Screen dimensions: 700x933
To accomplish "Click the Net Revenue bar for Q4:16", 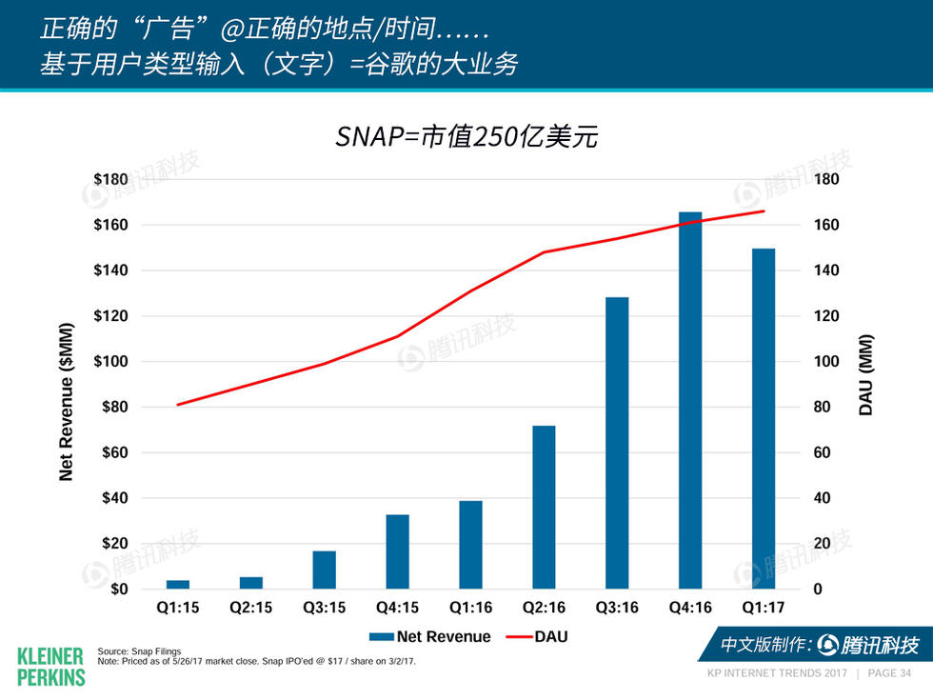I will point(690,400).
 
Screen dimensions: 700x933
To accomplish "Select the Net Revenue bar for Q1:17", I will point(764,419).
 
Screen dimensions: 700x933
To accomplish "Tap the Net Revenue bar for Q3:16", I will point(617,443).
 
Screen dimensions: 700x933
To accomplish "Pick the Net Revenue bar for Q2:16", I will point(544,507).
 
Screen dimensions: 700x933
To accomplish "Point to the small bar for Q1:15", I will point(178,584).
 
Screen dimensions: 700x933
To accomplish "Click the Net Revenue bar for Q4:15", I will point(398,551).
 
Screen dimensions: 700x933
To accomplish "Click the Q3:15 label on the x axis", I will point(324,608).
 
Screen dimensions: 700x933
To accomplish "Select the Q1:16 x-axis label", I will point(470,608).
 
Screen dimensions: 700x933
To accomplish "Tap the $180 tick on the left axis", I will point(110,179).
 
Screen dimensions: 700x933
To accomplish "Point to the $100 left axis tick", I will point(110,362).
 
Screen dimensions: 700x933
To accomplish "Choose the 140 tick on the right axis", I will point(826,270).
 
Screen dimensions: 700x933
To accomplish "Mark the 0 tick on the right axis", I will point(818,590).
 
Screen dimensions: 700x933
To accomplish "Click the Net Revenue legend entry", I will point(429,636).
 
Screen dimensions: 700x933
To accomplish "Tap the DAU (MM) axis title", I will point(866,374).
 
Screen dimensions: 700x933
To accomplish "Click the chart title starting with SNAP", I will point(466,136).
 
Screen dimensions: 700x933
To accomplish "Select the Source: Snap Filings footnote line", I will point(139,651).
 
